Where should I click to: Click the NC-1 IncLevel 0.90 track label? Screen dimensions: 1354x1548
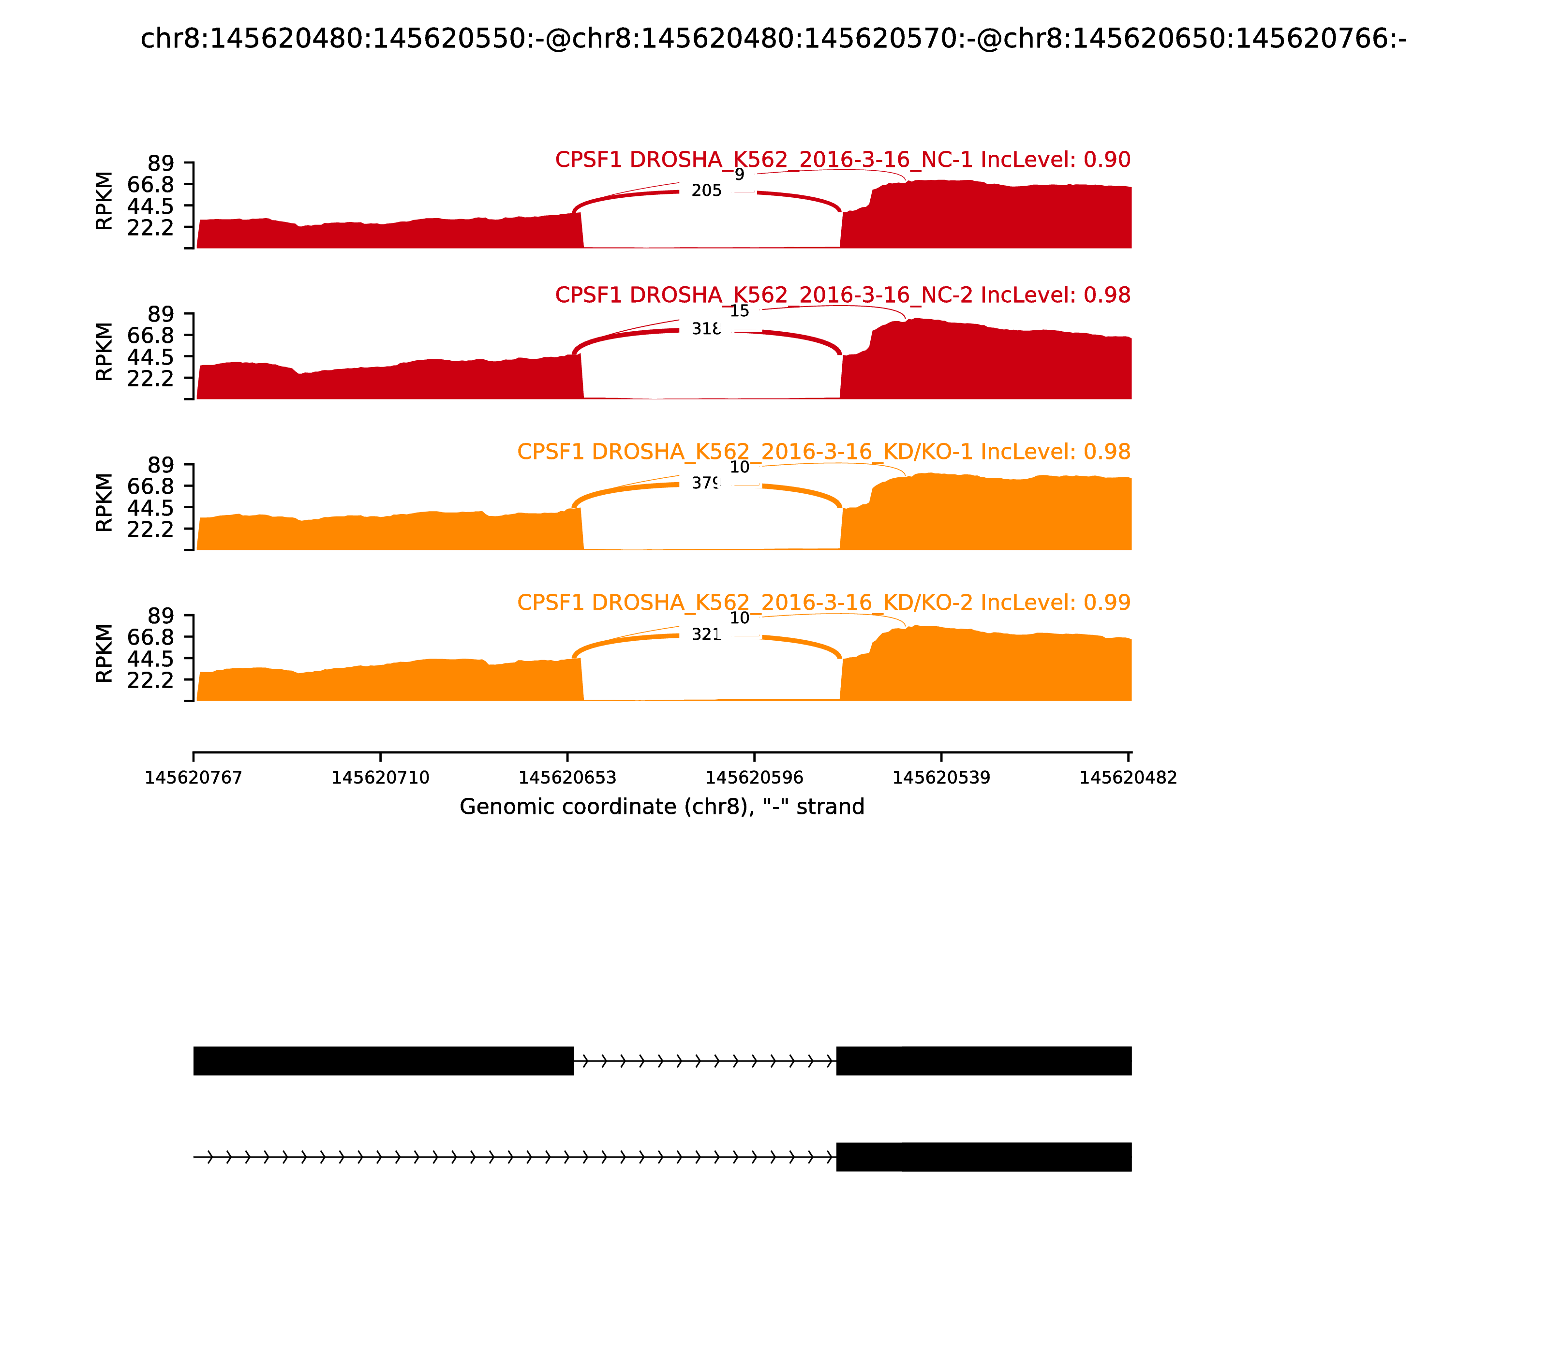point(843,160)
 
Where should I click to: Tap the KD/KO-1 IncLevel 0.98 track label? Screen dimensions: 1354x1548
point(824,452)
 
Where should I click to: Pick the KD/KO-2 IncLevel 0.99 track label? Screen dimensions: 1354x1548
point(824,603)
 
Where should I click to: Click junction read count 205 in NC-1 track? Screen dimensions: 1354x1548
point(706,191)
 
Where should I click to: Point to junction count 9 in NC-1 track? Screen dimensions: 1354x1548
point(739,175)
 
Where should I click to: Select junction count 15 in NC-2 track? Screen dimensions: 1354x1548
point(739,311)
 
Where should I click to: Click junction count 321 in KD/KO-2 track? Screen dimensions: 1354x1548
point(706,634)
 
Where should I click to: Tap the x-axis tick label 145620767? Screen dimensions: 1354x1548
point(193,778)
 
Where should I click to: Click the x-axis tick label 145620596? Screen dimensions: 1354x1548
point(754,778)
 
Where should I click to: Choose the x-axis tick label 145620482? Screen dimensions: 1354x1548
point(1128,778)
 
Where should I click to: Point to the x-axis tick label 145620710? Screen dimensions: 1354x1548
point(380,778)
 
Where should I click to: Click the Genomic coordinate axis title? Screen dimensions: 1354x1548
point(661,807)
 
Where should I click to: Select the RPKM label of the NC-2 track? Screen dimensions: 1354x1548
point(104,352)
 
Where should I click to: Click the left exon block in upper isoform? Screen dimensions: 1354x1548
point(383,1061)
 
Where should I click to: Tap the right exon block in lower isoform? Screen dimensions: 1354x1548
point(983,1157)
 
